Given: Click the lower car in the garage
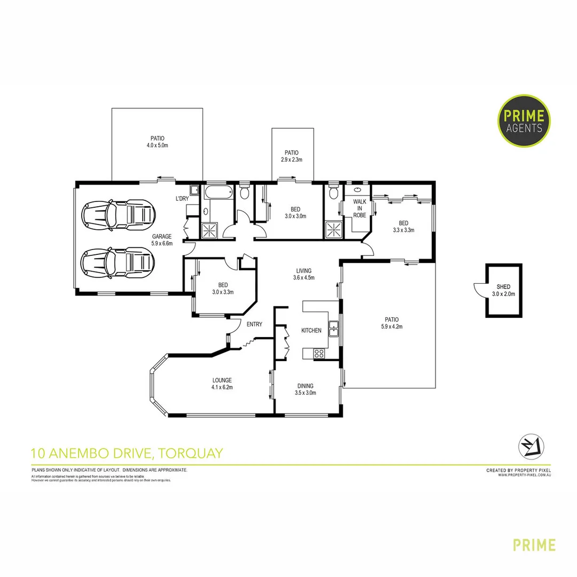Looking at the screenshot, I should (118, 262).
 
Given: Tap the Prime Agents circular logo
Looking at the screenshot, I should (524, 120).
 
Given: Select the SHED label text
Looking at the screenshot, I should (503, 286).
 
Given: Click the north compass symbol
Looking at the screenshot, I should (531, 445).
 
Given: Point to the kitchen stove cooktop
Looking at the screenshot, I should (319, 353).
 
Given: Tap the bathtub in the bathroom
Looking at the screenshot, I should (219, 193).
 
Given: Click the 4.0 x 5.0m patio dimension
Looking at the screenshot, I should (157, 145).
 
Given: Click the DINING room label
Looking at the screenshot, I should (306, 386).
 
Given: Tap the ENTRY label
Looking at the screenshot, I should (254, 324).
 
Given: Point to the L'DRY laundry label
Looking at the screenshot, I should (182, 199).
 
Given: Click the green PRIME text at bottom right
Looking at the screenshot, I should (534, 545).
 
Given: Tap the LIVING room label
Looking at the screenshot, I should (304, 271).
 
